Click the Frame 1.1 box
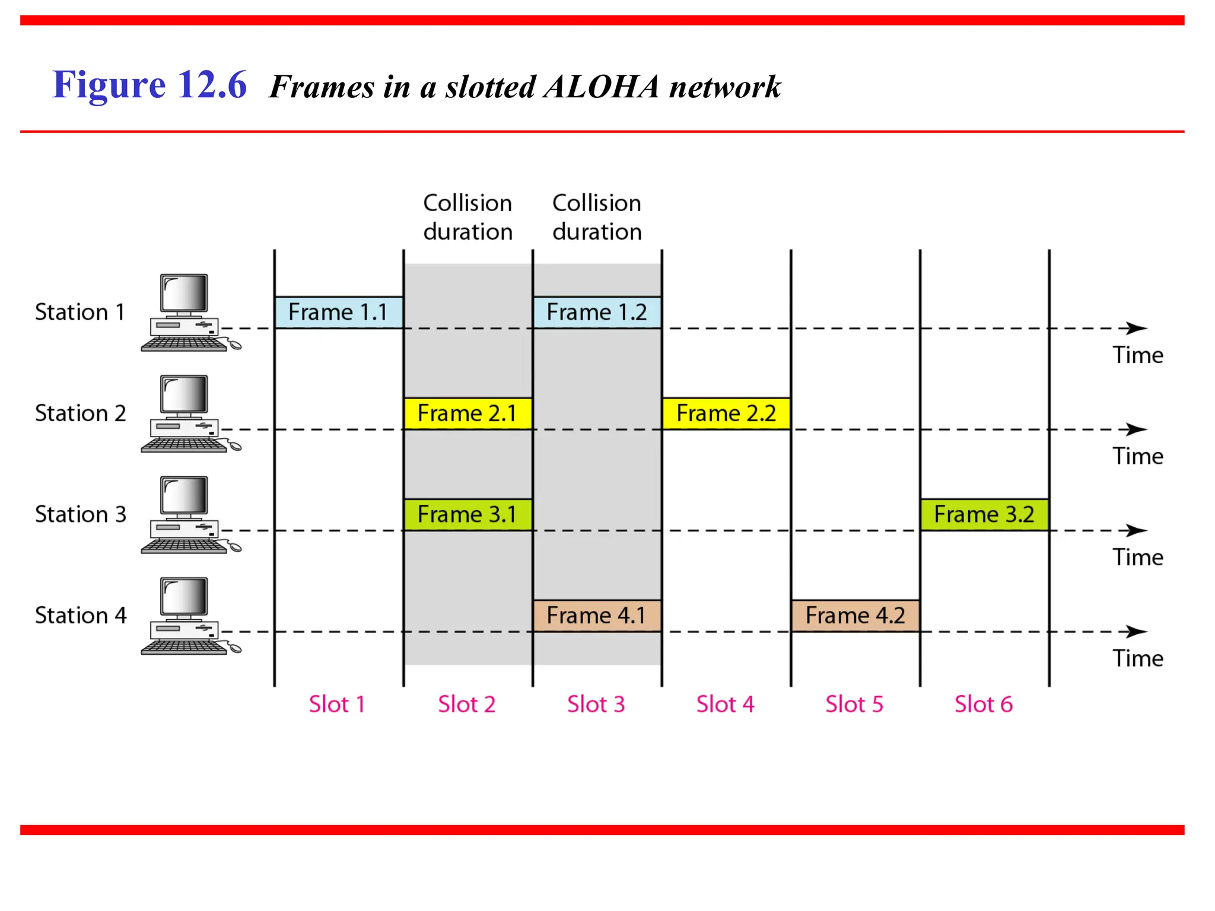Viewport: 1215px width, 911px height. pyautogui.click(x=338, y=312)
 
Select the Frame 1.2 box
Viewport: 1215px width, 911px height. pyautogui.click(x=597, y=312)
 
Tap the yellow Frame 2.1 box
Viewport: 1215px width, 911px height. pyautogui.click(x=467, y=413)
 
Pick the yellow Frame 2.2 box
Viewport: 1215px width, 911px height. pyautogui.click(x=726, y=413)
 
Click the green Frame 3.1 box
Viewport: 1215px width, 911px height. pyautogui.click(x=467, y=514)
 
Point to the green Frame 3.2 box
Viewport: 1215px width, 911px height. pyautogui.click(x=984, y=514)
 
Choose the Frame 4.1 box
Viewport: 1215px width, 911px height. pyautogui.click(x=597, y=616)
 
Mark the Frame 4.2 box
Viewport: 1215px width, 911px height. pyautogui.click(x=855, y=616)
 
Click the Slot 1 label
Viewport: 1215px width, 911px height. pyautogui.click(x=336, y=705)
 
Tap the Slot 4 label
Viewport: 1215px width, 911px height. pyautogui.click(x=725, y=705)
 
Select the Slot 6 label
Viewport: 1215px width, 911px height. pyautogui.click(x=983, y=705)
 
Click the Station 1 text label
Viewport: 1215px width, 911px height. pyautogui.click(x=80, y=312)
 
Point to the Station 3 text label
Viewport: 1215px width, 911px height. pyautogui.click(x=81, y=514)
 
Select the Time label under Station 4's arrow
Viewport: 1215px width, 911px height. pyautogui.click(x=1137, y=658)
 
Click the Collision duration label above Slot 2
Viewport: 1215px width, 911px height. pyautogui.click(x=467, y=217)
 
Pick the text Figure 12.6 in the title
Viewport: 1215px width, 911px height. pyautogui.click(x=150, y=84)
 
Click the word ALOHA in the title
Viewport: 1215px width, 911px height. pyautogui.click(x=601, y=87)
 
